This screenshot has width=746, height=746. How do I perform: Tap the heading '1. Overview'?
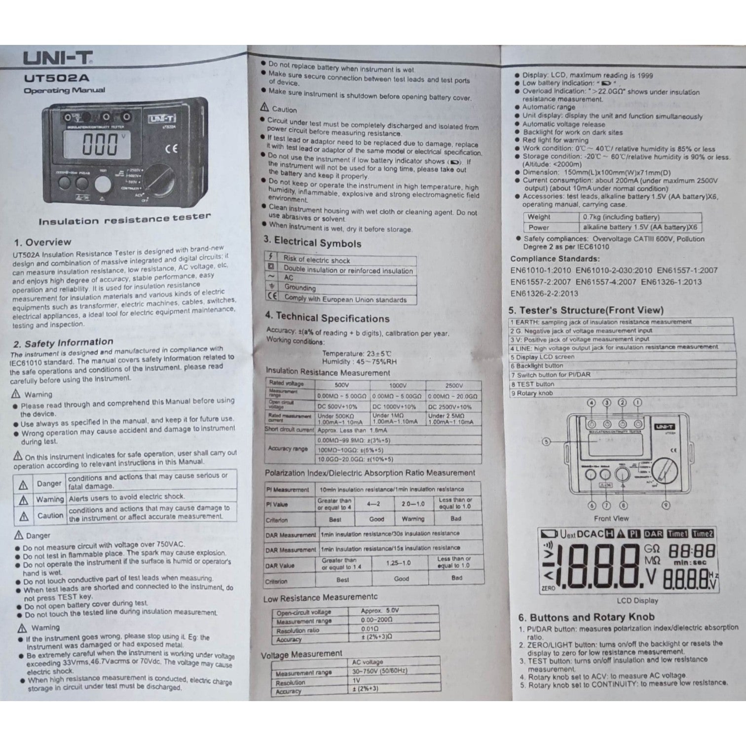coord(42,242)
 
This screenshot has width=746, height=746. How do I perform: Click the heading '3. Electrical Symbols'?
coord(312,242)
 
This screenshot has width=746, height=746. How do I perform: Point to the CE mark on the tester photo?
coord(171,148)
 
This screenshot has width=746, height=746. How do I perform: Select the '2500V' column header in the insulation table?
coord(453,386)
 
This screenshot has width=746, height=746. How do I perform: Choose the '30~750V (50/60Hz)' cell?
coord(379,671)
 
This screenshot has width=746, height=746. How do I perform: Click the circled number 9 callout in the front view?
coord(666,505)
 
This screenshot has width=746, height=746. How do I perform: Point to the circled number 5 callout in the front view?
coord(546,442)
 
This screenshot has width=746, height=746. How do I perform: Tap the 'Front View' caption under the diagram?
coord(611,519)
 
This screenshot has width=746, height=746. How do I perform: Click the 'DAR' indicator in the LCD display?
coord(653,534)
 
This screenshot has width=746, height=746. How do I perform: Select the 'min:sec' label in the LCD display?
coord(690,562)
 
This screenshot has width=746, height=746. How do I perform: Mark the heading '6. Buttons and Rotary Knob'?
coord(586,617)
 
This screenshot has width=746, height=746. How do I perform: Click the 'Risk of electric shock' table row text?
coord(316,260)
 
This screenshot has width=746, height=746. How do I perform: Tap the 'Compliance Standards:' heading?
coord(555,259)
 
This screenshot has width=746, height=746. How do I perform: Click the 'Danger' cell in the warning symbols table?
coord(49,484)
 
